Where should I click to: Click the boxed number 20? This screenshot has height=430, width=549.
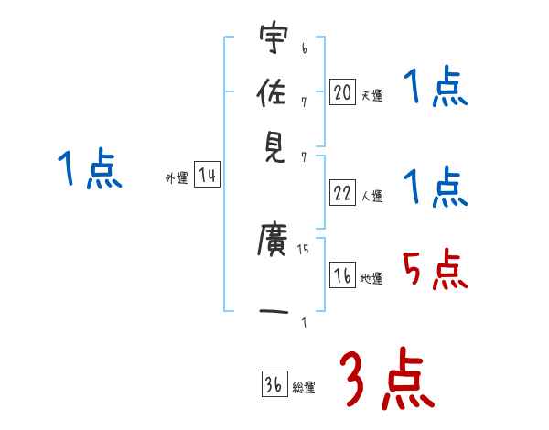(x=342, y=92)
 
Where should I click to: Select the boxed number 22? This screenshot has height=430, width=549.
(x=342, y=193)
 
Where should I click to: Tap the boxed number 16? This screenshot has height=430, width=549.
(x=342, y=275)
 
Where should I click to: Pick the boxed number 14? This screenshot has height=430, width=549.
(x=207, y=176)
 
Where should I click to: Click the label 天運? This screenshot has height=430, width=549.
(x=371, y=95)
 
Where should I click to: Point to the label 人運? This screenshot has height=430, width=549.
(x=371, y=196)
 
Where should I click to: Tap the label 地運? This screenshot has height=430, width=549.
(x=371, y=278)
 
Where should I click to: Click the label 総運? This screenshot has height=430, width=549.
(x=304, y=387)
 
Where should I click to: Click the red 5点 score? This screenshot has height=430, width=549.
(x=435, y=269)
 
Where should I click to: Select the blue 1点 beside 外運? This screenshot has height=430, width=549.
(x=90, y=170)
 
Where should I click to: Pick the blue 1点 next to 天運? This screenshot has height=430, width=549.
(x=435, y=90)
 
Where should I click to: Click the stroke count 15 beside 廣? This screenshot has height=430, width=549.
(x=303, y=248)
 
